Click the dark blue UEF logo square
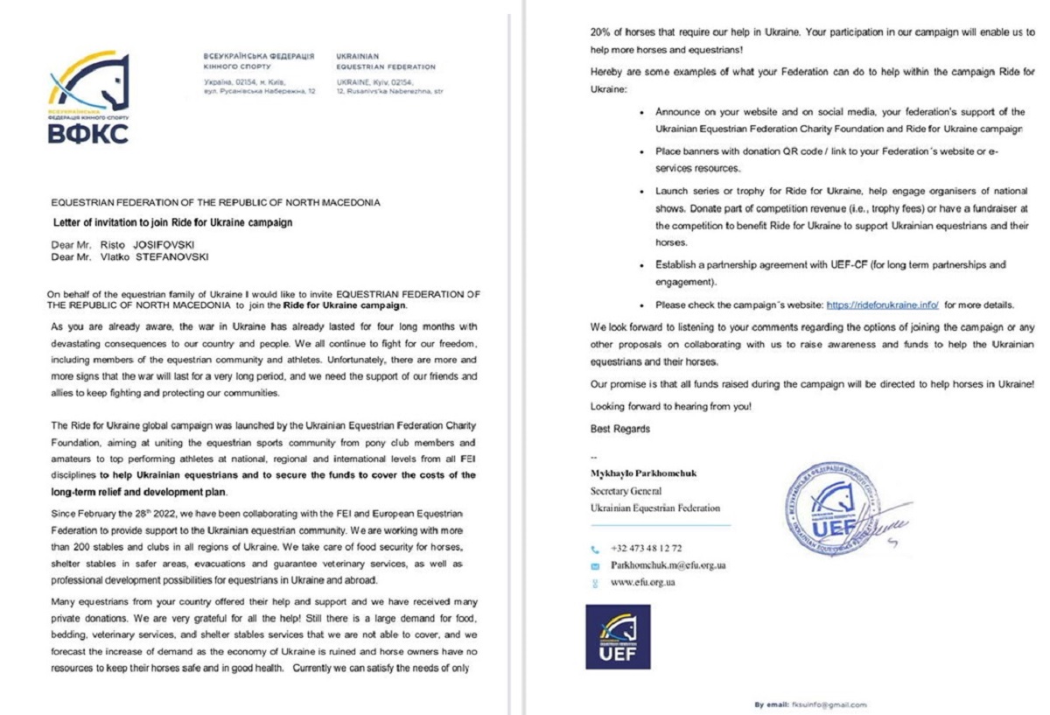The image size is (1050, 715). [618, 637]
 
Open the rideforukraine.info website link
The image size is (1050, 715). [882, 305]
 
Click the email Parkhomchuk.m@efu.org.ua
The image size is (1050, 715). [668, 565]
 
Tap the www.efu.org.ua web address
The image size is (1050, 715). [642, 582]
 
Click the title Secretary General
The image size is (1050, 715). [626, 491]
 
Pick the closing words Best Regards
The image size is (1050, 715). [620, 429]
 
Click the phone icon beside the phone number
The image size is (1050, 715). [595, 550]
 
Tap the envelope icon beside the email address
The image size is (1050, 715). [595, 565]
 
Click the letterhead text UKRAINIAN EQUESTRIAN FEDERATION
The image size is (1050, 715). [385, 61]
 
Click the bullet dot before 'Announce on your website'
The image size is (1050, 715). [643, 113]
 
